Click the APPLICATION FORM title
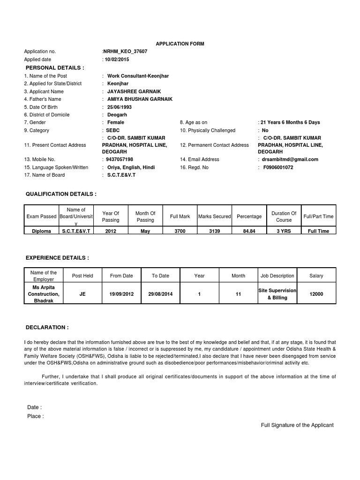coord(180,44)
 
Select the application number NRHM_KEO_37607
coord(125,52)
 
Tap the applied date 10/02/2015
coord(117,60)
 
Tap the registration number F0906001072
coord(278,167)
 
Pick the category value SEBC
coord(113,130)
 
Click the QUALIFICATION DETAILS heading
coord(61,194)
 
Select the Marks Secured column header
coord(214,217)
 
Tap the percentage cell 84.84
coord(249,231)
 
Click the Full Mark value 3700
coord(180,231)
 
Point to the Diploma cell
coord(41,231)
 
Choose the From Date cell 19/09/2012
coord(121,294)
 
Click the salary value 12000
coord(316,294)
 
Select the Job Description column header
coord(277,276)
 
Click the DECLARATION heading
coord(47,327)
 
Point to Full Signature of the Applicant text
coord(297,425)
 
